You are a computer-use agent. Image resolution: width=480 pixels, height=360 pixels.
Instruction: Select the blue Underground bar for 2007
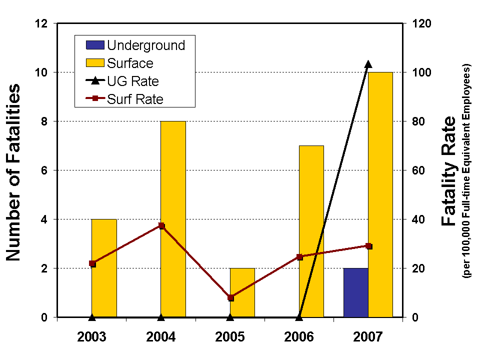pos(355,292)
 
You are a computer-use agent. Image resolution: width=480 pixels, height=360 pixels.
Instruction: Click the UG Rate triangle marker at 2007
pos(368,64)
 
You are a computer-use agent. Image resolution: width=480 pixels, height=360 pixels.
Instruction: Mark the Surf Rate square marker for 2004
pos(161,226)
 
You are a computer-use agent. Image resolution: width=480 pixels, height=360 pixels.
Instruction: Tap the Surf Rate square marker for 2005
pos(230,297)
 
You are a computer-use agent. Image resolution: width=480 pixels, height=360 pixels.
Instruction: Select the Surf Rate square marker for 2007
pos(369,246)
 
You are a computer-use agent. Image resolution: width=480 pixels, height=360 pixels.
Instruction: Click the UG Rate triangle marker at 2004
pos(161,316)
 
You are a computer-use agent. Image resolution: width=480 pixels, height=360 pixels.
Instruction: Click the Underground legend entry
pos(135,45)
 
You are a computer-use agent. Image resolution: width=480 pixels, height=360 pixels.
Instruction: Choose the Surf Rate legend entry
pos(125,99)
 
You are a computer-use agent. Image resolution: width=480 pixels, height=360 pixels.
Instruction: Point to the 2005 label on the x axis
pos(230,336)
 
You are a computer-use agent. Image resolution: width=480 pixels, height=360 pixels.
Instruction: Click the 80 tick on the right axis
pos(418,121)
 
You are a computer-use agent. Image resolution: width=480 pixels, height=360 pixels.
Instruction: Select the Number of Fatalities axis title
pos(14,172)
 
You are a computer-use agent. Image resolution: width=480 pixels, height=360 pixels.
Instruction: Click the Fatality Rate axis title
pos(449,170)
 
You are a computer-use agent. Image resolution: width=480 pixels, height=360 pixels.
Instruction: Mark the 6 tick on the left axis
pos(44,170)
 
